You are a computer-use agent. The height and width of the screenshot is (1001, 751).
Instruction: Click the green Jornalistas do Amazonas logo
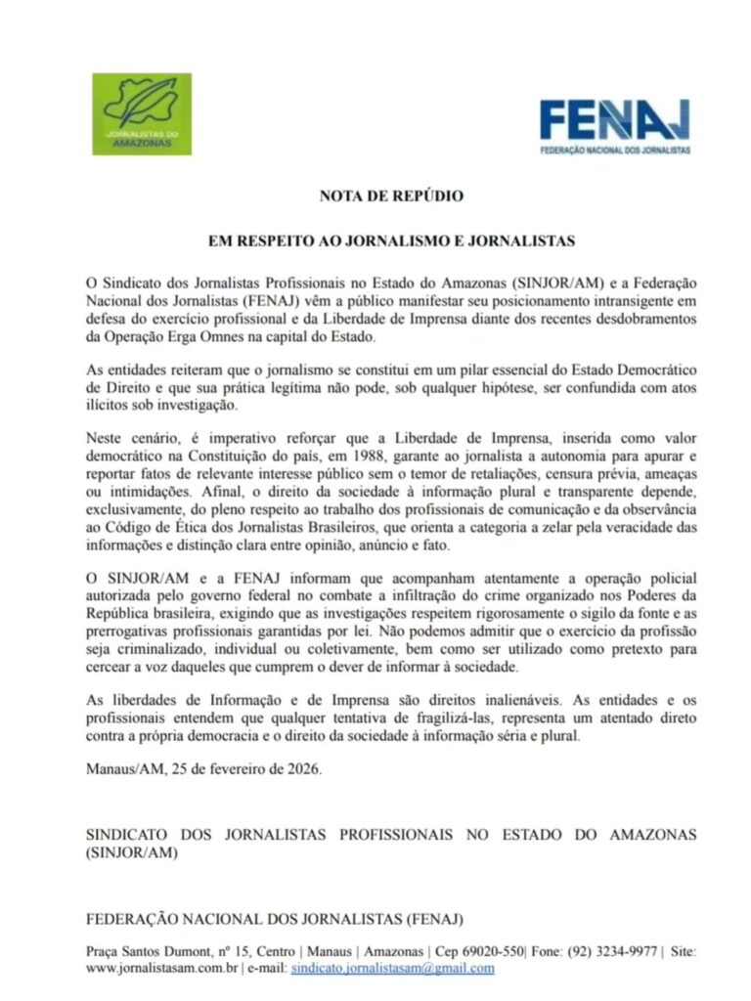[142, 113]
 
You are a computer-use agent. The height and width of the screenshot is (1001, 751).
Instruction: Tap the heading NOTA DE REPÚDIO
[391, 196]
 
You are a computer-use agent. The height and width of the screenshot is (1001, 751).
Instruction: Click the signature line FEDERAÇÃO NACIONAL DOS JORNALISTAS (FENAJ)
[275, 919]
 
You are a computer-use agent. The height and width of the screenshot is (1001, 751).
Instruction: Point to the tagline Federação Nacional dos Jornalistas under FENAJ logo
[616, 150]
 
